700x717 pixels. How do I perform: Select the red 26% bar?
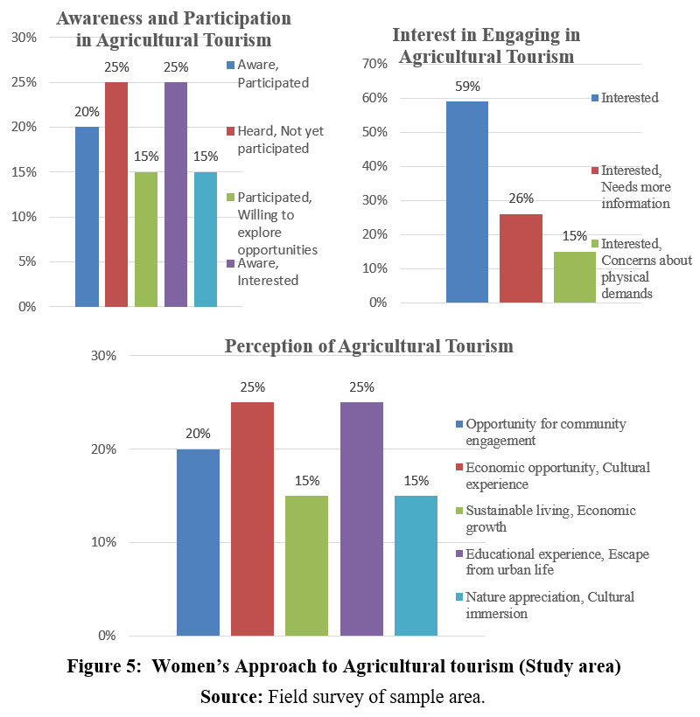tap(521, 258)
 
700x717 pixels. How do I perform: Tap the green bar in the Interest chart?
tap(574, 277)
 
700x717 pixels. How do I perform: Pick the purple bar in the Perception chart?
tap(361, 519)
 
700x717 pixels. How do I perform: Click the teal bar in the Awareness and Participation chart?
tap(206, 240)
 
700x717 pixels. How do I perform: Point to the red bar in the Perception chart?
tap(252, 519)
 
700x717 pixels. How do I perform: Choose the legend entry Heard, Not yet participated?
tap(275, 139)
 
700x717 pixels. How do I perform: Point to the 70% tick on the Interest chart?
tap(374, 64)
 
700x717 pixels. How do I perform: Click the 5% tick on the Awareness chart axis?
tap(26, 261)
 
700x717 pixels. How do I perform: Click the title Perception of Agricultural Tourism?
tap(368, 346)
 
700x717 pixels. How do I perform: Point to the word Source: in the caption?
tap(231, 697)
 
